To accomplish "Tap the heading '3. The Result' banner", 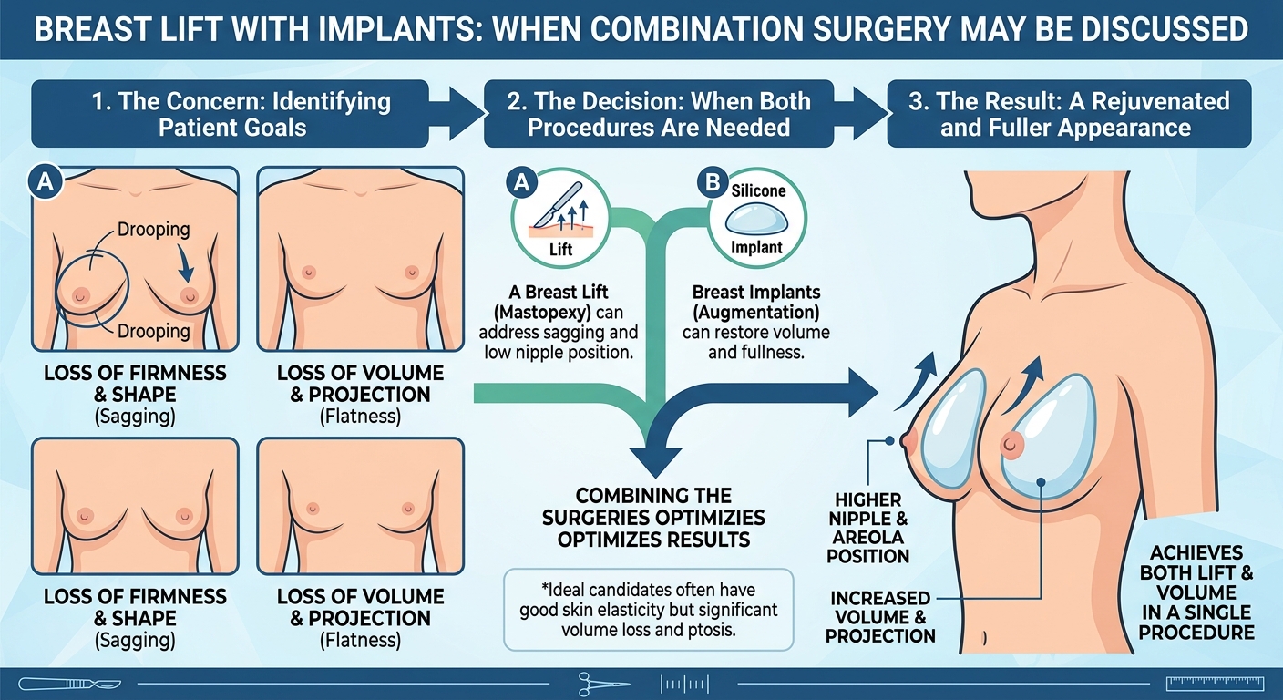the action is click(x=1070, y=114).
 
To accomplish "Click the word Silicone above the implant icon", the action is click(x=758, y=190).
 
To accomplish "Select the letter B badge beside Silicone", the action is click(x=713, y=182).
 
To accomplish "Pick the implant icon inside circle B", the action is click(x=756, y=221).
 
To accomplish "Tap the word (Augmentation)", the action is click(x=756, y=313).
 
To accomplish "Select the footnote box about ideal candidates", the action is click(x=649, y=610).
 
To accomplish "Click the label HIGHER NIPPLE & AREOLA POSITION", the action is click(x=867, y=528).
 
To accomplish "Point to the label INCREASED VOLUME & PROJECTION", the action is click(x=880, y=617).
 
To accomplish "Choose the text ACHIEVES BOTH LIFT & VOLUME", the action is click(x=1196, y=572).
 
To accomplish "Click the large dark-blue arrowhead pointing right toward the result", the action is click(x=862, y=393).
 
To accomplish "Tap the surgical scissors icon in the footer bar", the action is click(x=603, y=684).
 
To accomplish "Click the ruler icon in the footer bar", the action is click(x=1215, y=684).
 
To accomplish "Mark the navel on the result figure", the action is click(x=984, y=637).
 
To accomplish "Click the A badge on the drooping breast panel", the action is click(x=46, y=182).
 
